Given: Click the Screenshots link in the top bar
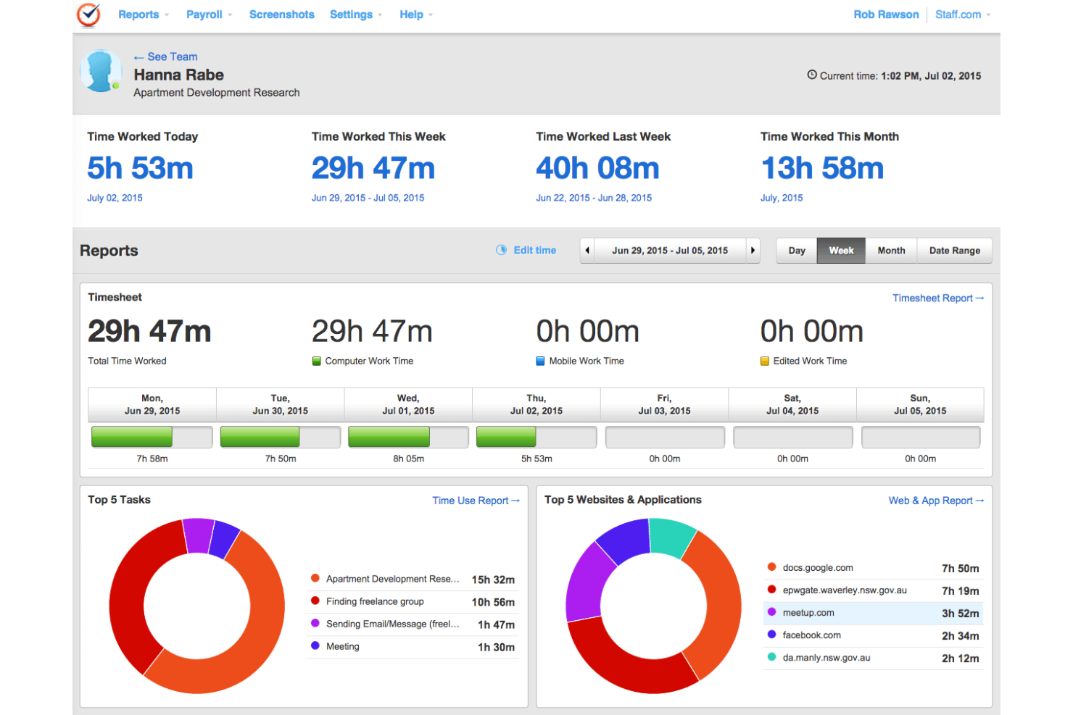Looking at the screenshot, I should pos(281,14).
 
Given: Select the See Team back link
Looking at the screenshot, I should pos(166,57).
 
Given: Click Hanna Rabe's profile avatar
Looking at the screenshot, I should pos(100,71).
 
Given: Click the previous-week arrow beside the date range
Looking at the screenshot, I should pos(587,251).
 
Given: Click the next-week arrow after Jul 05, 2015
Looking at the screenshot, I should pos(753,251).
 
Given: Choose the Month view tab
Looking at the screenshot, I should pos(891,251).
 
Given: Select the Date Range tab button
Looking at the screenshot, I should pos(954,251).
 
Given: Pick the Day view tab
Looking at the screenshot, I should pos(797,251).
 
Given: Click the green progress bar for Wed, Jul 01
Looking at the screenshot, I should pos(389,437).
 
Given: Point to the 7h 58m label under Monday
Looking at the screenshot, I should pos(152,459).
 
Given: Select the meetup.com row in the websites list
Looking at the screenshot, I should pos(872,613).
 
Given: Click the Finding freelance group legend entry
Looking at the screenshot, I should pos(375,601).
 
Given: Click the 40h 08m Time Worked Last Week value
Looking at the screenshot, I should pos(597,169).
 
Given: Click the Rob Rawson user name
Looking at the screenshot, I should pos(885,14).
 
